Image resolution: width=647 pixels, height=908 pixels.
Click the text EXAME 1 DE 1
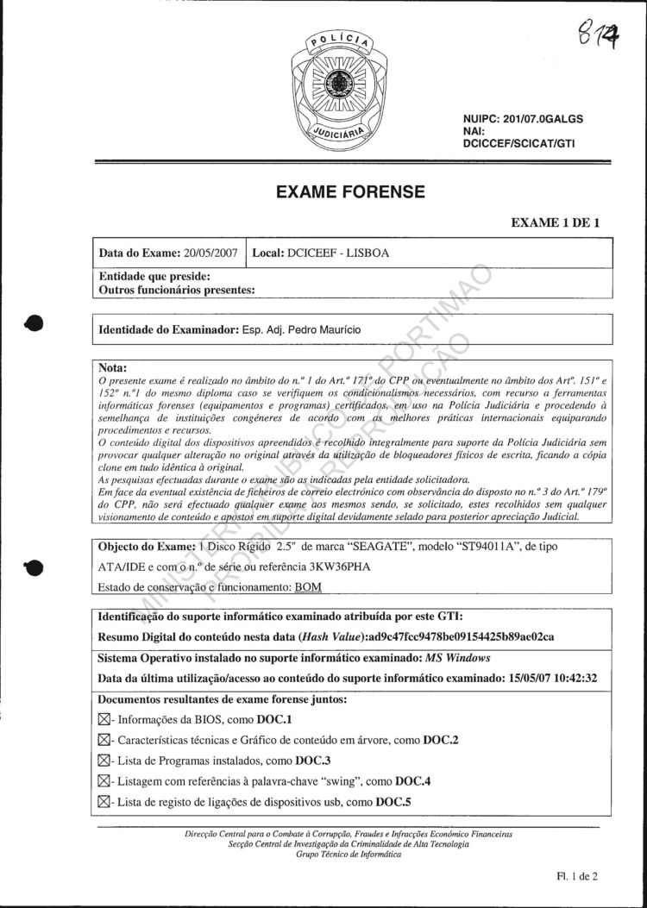556,222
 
